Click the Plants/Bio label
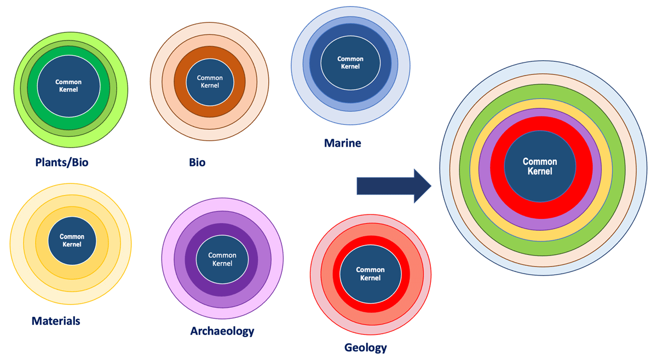tap(62, 162)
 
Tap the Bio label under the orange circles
tap(197, 162)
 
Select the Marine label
tap(342, 143)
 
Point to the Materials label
tap(56, 321)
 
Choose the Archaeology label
tap(222, 331)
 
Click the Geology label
tap(366, 347)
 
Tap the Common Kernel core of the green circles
tap(68, 86)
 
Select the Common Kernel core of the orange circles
tap(210, 82)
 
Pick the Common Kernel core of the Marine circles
tap(350, 62)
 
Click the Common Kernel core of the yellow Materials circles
tap(72, 241)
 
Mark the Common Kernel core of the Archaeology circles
tap(222, 259)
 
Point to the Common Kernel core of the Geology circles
tap(370, 274)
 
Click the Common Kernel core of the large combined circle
tap(540, 166)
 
